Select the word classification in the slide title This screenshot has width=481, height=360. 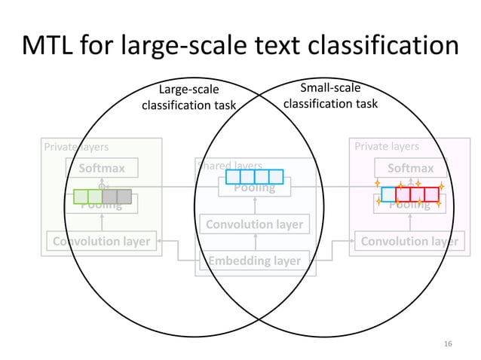(397, 46)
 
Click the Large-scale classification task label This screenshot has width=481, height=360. (188, 98)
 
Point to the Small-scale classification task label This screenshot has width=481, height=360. (330, 96)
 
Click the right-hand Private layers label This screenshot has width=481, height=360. (387, 147)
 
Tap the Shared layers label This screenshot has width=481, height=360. (229, 165)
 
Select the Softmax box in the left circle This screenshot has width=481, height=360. (102, 168)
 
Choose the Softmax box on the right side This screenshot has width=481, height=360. (410, 168)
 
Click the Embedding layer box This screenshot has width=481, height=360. (255, 261)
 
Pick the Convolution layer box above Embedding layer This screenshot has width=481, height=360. (255, 224)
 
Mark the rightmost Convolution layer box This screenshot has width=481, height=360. (410, 241)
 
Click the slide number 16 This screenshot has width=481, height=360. (448, 343)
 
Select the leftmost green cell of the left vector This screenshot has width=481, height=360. (81, 197)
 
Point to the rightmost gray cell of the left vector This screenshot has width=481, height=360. (124, 197)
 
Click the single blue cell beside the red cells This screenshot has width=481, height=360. (388, 194)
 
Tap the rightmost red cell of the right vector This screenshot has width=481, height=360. (431, 194)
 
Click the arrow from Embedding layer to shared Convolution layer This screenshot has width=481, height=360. (255, 242)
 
